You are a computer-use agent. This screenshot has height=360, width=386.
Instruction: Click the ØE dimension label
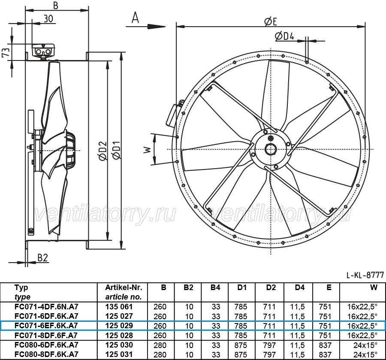tap(270, 21)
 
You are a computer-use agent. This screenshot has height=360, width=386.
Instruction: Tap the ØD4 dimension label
tap(284, 36)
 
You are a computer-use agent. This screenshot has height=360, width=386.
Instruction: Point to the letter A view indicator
tap(135, 18)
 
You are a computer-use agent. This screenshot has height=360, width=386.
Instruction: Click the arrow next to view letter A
tap(146, 26)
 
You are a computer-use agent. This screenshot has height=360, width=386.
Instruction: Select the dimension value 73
tap(6, 52)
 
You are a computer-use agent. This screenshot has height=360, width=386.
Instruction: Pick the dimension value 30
tap(48, 19)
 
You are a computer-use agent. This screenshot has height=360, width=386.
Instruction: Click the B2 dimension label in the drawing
tap(42, 257)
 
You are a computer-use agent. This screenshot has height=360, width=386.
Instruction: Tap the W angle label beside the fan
tap(147, 149)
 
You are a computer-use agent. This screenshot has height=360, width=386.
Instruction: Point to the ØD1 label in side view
tap(116, 151)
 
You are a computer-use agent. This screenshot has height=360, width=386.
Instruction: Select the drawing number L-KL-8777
tap(365, 275)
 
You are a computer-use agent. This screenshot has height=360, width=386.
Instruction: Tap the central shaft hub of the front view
tap(271, 149)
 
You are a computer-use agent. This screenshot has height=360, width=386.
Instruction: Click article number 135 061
tap(119, 307)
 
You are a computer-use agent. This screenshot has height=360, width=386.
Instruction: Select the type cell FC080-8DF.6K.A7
tap(46, 354)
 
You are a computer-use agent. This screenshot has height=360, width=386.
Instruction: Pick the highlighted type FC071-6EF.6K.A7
tap(46, 326)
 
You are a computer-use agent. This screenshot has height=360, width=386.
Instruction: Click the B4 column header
tap(215, 287)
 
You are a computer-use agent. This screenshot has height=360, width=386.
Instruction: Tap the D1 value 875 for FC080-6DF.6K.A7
tap(241, 345)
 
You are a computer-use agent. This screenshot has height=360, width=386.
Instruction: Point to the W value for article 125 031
tap(365, 354)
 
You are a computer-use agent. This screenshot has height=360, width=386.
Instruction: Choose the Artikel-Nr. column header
tap(124, 287)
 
